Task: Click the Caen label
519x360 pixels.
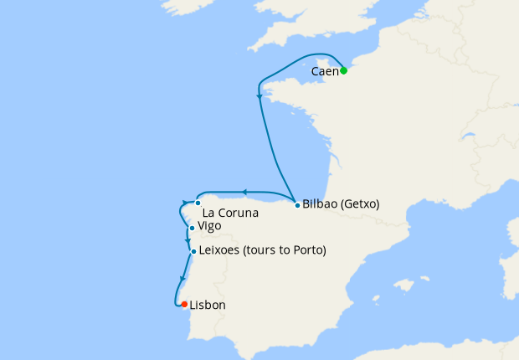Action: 324,72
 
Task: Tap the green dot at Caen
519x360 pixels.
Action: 343,70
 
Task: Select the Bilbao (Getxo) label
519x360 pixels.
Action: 341,203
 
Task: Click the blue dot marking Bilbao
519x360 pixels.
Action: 297,203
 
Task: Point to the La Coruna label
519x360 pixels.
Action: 230,213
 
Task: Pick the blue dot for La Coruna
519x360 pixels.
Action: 198,203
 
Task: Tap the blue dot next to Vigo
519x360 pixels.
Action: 193,228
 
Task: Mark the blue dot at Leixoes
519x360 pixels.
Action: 193,251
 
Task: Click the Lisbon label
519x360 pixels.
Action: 208,306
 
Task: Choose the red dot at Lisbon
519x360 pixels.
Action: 184,305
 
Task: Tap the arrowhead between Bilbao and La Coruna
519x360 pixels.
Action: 244,192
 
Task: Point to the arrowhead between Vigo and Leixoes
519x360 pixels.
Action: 188,241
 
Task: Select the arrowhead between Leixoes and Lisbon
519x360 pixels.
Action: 182,280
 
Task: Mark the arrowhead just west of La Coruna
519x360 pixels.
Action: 185,202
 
